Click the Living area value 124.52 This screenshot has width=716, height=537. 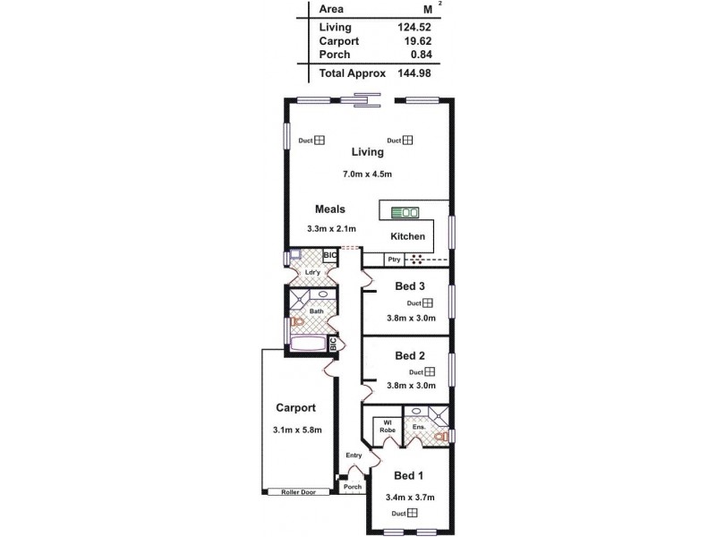coord(414,28)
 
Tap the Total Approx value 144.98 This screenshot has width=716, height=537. coord(414,72)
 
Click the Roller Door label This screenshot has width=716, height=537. coord(299,491)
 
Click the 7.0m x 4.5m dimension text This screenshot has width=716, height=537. coord(368,174)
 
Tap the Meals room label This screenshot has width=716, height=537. coord(329,209)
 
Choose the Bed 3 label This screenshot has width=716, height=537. coord(410,286)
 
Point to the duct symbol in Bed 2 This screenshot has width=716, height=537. coord(430,371)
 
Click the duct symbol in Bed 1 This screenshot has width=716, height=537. coord(413,513)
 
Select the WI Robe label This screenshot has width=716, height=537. coord(388,426)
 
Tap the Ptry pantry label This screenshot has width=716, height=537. coord(393,260)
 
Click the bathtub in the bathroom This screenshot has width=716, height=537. coord(308,344)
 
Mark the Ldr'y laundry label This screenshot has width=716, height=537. coord(312,272)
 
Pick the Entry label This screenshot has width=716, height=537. coord(354,456)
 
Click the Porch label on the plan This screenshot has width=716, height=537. coord(353,487)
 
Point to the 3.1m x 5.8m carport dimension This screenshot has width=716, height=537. coord(297,430)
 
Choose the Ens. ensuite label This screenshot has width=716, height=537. coord(418,427)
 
